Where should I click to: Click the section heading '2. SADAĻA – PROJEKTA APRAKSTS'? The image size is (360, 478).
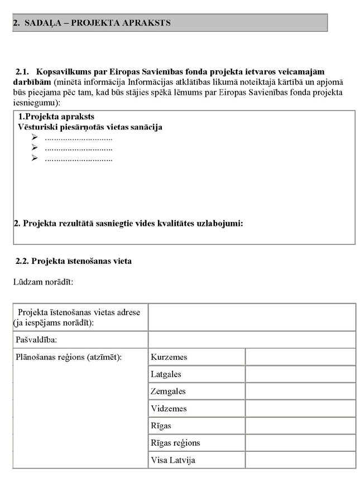(x=92, y=23)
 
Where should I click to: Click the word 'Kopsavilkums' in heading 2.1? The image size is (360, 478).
(x=61, y=72)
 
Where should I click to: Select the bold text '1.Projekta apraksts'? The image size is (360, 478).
(x=56, y=117)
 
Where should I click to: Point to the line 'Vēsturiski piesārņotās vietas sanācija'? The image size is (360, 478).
(x=90, y=127)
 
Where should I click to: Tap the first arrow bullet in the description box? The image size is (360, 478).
(x=35, y=138)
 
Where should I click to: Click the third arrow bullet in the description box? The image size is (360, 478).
(x=35, y=158)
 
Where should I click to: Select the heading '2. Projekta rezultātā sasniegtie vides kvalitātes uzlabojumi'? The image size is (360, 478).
(x=128, y=224)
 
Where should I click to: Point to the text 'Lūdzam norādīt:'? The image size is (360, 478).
(x=43, y=282)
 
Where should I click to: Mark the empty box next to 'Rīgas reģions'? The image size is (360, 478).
(x=300, y=443)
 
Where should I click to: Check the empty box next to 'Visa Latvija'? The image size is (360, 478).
(x=300, y=460)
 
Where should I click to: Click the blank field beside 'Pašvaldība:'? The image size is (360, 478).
(x=251, y=339)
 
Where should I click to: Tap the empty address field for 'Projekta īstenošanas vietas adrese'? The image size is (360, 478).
(x=251, y=317)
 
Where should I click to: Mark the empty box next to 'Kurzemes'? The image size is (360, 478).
(x=300, y=357)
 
